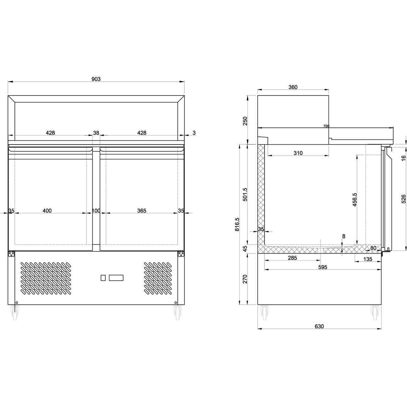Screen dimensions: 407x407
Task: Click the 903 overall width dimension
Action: [96, 79]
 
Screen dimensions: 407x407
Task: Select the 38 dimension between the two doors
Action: [96, 133]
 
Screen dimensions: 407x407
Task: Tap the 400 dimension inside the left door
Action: [47, 211]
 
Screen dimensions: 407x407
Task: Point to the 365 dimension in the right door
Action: [142, 211]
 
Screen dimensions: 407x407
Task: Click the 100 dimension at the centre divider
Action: [96, 211]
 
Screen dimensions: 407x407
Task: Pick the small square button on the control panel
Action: [103, 278]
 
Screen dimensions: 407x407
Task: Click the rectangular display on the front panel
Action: [116, 278]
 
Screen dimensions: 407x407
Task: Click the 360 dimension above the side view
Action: [293, 87]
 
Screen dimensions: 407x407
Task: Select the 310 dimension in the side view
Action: [298, 153]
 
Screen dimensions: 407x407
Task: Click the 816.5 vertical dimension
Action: [237, 224]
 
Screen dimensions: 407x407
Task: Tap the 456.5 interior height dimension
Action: [354, 199]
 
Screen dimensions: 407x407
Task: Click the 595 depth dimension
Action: [323, 267]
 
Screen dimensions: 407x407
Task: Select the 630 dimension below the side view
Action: [319, 326]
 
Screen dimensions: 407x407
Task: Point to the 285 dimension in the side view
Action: [292, 258]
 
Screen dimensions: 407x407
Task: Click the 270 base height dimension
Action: [245, 279]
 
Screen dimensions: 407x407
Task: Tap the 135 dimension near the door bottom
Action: [368, 259]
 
